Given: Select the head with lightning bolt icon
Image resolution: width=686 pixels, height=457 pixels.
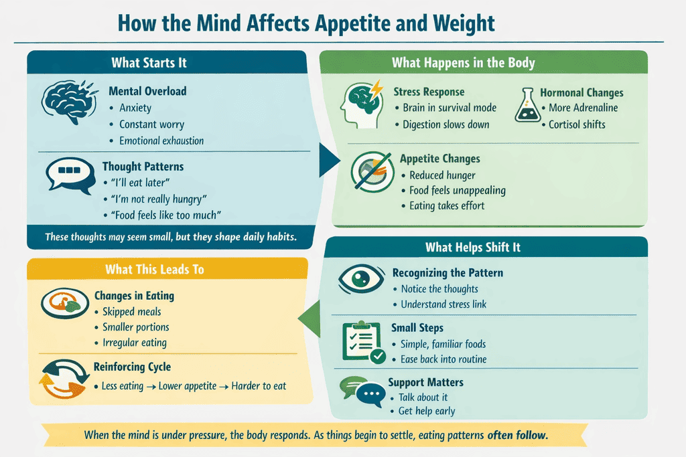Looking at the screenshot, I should (x=361, y=103).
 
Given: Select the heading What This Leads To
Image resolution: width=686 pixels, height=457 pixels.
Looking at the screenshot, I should (x=154, y=270).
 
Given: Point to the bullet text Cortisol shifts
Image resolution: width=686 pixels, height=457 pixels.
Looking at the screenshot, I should (x=577, y=124).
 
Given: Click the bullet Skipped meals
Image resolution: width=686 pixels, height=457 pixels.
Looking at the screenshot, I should (x=131, y=312).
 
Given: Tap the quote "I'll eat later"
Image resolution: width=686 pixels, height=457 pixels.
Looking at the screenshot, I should (x=141, y=183).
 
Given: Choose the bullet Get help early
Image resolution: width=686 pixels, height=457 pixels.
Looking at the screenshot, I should (x=426, y=411).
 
